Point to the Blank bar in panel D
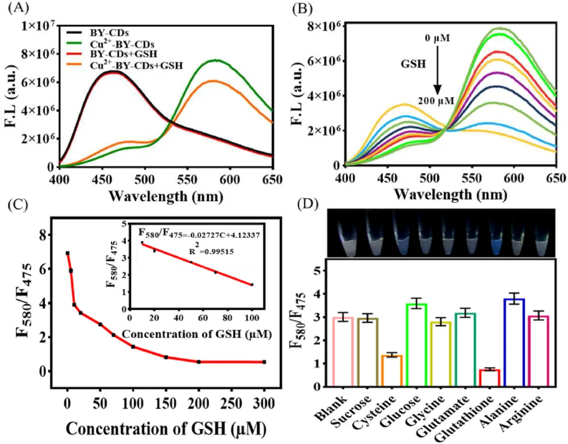341,352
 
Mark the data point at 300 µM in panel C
264,362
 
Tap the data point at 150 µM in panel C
166,357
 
